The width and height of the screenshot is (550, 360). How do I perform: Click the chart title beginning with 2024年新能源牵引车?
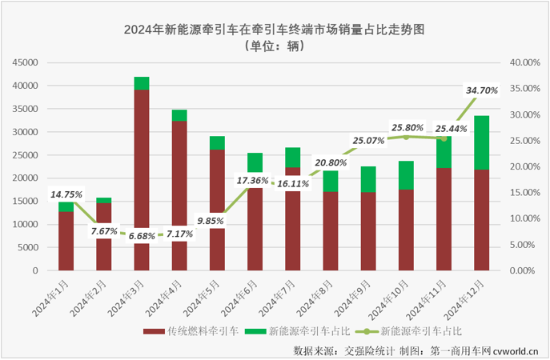click(x=274, y=30)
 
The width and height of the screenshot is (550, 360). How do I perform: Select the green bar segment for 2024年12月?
click(x=481, y=142)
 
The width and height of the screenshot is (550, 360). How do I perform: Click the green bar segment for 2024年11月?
click(x=444, y=152)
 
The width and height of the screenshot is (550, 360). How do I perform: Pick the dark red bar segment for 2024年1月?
click(x=66, y=241)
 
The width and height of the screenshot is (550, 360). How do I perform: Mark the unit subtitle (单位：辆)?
click(x=274, y=46)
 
